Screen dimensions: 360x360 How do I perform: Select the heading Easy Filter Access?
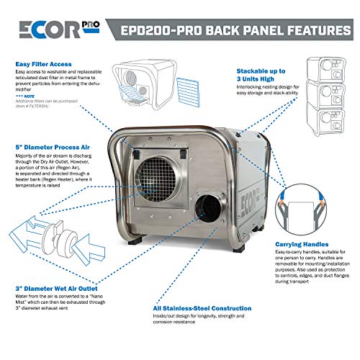tap(45, 63)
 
